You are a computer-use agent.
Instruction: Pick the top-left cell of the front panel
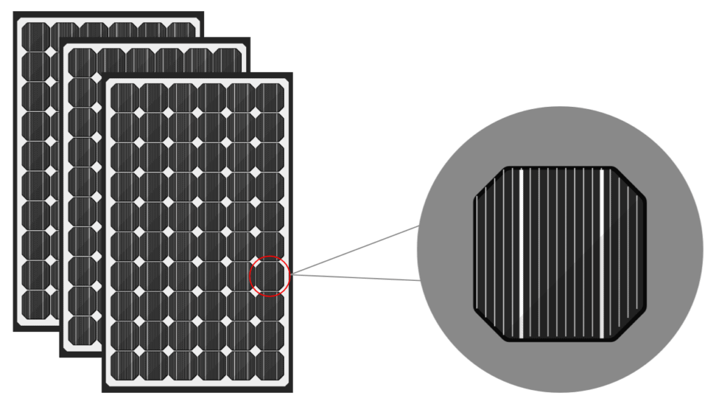pos(124,98)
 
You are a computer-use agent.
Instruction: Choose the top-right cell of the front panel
pos(270,98)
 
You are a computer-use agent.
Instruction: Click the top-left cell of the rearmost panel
pos(35,36)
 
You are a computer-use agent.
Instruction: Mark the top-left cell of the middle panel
pos(81,63)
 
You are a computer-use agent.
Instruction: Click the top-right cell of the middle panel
pos(227,61)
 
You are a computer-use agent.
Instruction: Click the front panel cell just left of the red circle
pos(241,276)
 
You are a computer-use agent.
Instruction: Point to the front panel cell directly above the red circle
pos(270,247)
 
